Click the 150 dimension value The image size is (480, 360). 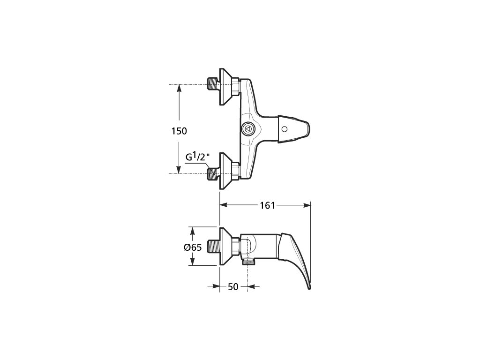pos(179,131)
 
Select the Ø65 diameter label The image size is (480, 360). pos(193,247)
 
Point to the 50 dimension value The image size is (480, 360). pos(233,287)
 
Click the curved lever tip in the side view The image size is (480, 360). pos(309,287)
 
